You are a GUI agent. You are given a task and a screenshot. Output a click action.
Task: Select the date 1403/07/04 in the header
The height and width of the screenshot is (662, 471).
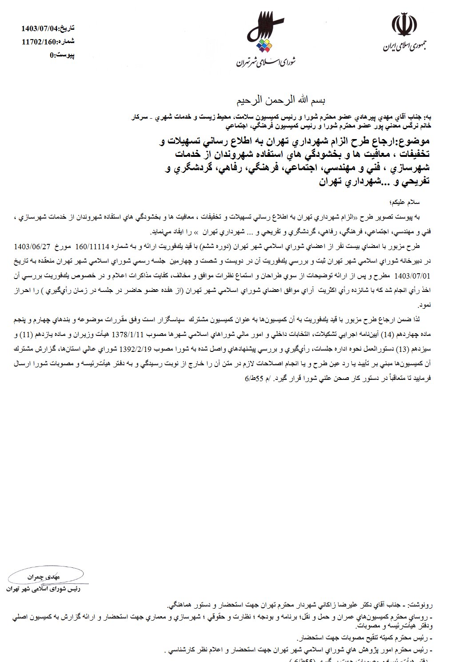40,29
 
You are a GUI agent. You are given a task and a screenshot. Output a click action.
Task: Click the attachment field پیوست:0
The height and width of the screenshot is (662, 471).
62,55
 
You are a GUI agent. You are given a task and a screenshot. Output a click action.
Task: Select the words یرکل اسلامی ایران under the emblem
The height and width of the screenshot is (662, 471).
405,48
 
